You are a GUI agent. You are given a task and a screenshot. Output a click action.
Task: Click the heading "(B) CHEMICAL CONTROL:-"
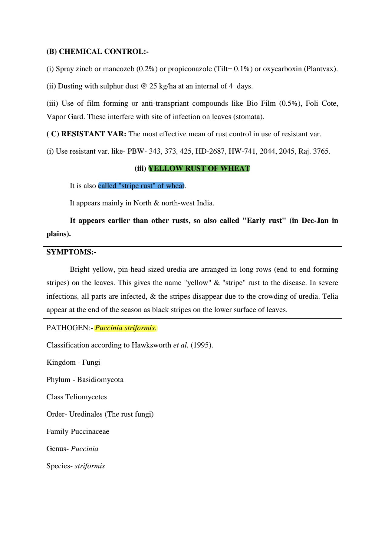click(x=97, y=52)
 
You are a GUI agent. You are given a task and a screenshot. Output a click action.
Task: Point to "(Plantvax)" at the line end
click(x=321, y=69)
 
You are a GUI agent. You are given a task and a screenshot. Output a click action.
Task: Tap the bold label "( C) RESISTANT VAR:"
click(x=86, y=134)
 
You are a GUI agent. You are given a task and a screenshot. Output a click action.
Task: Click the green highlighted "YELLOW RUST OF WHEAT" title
click(x=199, y=168)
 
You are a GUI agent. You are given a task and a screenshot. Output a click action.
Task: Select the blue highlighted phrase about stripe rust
click(x=141, y=186)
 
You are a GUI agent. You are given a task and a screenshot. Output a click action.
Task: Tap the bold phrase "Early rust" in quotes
click(x=264, y=221)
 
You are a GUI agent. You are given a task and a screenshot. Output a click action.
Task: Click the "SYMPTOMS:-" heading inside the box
click(x=71, y=252)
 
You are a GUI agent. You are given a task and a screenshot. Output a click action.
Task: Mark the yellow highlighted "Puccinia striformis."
click(x=126, y=328)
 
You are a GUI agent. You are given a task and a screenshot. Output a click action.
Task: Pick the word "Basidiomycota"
click(x=100, y=380)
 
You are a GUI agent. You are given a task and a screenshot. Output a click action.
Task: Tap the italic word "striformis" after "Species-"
click(x=90, y=466)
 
